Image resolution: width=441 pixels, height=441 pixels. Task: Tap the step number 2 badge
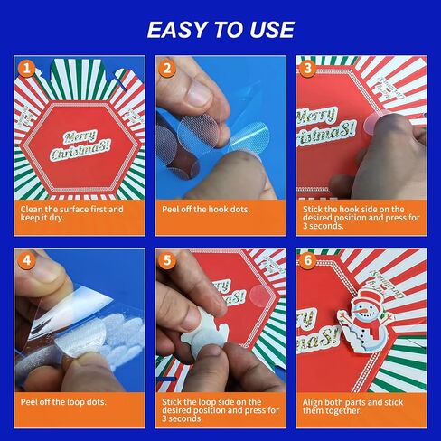point(166,68)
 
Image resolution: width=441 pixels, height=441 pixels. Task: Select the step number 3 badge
point(307,68)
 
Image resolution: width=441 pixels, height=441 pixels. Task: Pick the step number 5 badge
point(166,261)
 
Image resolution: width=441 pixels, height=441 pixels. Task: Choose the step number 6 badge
point(307,261)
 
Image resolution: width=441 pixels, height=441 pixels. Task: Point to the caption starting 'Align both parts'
point(352,407)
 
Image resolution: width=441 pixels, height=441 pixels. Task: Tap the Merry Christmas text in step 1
point(79,145)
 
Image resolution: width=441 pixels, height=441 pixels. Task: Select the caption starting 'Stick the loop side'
point(219,411)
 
